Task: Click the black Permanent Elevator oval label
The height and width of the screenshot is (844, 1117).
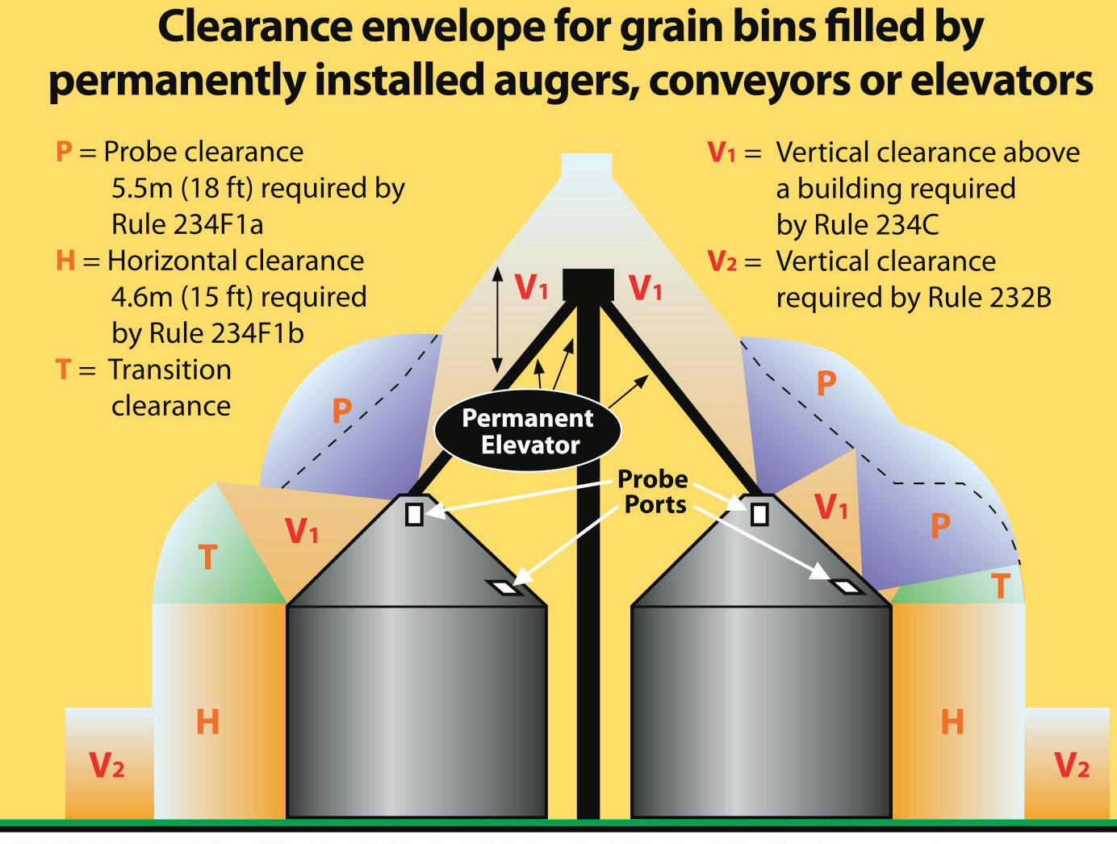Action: pos(528,431)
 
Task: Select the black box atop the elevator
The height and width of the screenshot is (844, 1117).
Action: pos(588,285)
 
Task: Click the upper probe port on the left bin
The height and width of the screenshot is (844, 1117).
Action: pos(414,514)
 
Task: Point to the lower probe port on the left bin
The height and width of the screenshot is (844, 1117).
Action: pos(505,588)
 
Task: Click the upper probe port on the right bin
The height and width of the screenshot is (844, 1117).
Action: pos(759,513)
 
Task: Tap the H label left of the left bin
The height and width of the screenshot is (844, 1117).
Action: pos(207,721)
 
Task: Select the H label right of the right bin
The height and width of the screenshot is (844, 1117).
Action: pos(952,721)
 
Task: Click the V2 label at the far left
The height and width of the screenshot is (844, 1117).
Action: pos(107,764)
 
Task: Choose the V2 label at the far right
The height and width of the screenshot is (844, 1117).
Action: pos(1072,764)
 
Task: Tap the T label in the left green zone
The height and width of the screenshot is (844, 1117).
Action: pos(207,558)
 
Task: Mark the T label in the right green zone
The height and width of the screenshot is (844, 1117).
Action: pos(1000,587)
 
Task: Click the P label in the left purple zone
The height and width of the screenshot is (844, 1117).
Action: pos(341,411)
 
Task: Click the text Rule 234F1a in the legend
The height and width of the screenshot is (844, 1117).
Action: pos(187,224)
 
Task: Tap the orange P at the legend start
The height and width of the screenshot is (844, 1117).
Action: pos(64,152)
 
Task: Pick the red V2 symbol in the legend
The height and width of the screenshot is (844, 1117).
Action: pos(722,261)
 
